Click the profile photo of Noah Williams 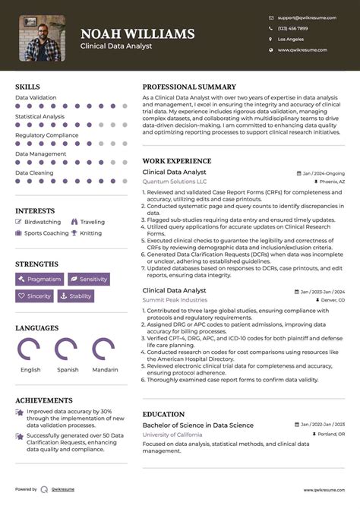pos(42,39)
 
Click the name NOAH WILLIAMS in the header pos(137,34)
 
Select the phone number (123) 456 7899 pos(293,28)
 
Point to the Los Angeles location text pos(291,39)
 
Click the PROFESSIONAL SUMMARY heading pos(189,87)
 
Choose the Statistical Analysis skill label pos(40,116)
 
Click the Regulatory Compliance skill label pos(47,135)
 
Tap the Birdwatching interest pos(43,222)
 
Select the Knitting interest pos(90,233)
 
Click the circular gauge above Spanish pos(68,349)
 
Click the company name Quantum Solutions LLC pos(175,182)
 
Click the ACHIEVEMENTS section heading pos(44,400)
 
